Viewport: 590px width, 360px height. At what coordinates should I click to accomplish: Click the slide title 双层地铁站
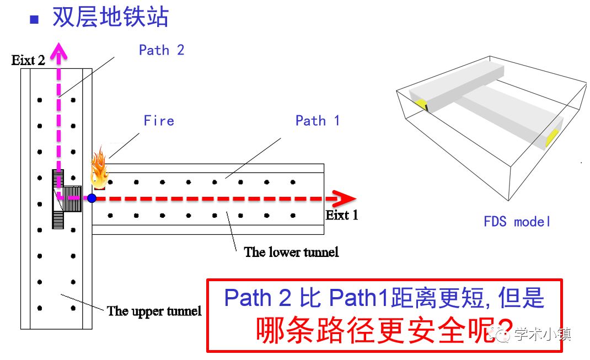(x=110, y=18)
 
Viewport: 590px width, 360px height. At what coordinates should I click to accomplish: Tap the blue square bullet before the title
(x=34, y=19)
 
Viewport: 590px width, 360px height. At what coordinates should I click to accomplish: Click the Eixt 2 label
(x=28, y=60)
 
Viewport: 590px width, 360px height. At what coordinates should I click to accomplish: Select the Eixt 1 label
(x=342, y=215)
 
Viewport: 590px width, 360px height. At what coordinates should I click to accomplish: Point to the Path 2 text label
(x=161, y=50)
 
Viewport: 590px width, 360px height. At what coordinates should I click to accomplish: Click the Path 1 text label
(x=317, y=121)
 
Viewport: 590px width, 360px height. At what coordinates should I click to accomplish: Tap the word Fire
(x=159, y=121)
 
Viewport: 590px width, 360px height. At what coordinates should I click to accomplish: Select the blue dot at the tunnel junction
(x=92, y=198)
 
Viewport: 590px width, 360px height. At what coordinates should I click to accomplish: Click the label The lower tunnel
(x=291, y=252)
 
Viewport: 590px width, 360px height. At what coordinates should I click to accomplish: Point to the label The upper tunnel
(x=154, y=311)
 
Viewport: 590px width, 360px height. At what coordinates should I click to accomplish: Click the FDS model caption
(x=517, y=222)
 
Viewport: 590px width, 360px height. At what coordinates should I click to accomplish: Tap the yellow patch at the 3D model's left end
(x=421, y=104)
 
